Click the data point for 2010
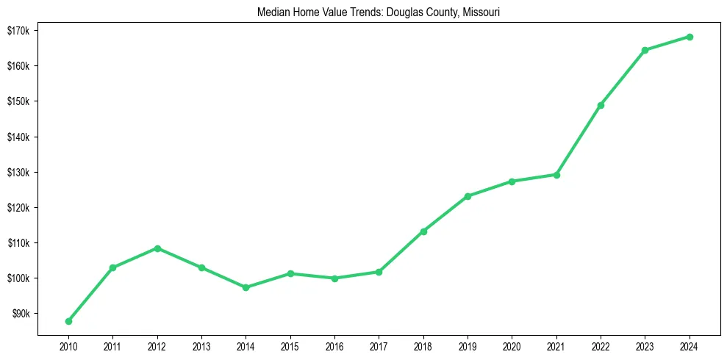point(68,321)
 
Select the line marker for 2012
point(157,248)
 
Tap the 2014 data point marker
point(246,287)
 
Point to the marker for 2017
point(379,272)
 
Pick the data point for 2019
point(468,196)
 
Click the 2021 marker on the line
point(556,175)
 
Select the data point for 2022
point(601,105)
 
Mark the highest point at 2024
point(690,37)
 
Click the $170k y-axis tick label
point(17,31)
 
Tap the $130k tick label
point(17,173)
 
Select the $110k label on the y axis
point(17,243)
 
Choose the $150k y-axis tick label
point(17,101)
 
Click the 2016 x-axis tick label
point(334,345)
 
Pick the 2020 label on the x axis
point(512,345)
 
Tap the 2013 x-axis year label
point(201,345)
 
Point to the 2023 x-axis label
point(645,345)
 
